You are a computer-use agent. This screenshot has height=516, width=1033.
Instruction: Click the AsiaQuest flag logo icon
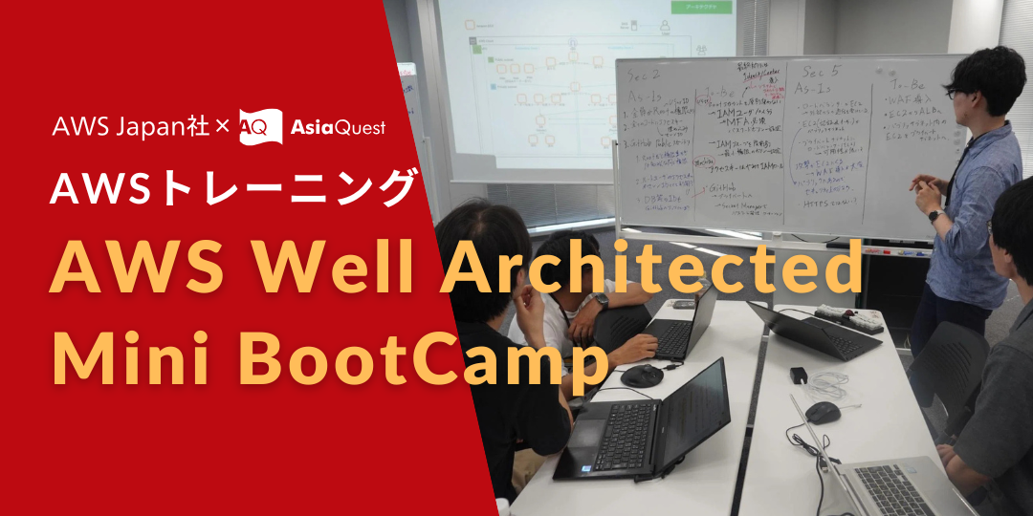coord(260,126)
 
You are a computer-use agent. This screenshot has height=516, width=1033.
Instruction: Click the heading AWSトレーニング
coord(233,189)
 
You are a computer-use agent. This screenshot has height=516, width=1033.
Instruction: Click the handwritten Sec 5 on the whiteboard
coord(821,72)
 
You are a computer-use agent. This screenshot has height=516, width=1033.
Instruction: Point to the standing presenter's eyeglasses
coord(956,93)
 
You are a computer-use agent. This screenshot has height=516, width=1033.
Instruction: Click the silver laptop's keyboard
coord(894,487)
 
